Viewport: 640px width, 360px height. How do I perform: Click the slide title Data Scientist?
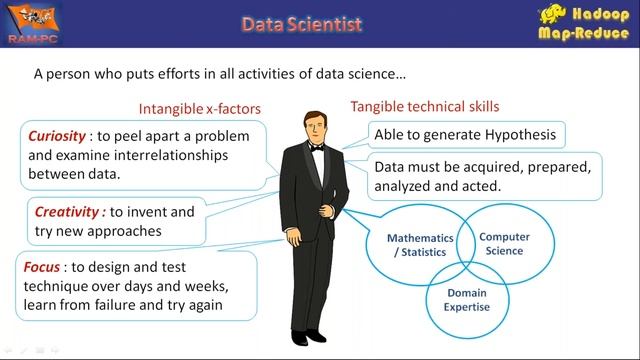click(x=302, y=23)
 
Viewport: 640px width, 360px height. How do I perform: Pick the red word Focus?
click(x=43, y=267)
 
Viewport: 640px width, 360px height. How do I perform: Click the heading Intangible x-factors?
click(x=200, y=108)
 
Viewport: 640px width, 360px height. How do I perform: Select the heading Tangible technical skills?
click(x=424, y=106)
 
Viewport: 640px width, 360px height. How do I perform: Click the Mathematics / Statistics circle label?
click(x=419, y=244)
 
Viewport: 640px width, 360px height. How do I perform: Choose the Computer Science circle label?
click(x=503, y=244)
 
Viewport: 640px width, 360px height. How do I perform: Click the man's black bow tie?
click(x=316, y=147)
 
